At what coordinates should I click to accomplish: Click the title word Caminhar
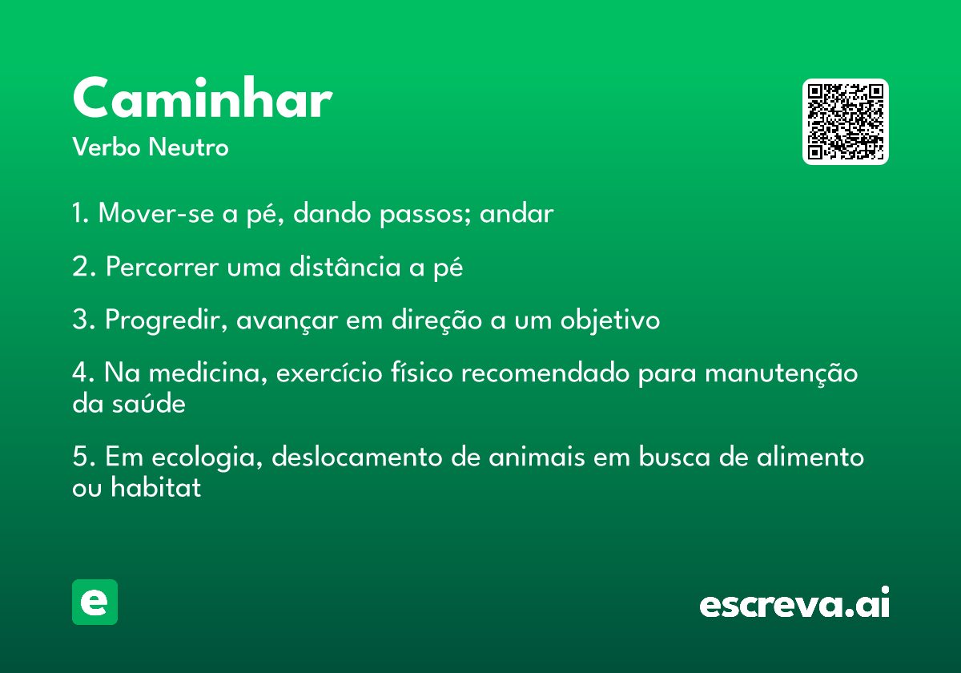coord(203,97)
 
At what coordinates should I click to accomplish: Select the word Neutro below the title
coord(188,147)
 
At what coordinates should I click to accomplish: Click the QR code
coord(845,122)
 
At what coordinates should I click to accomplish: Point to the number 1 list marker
coord(80,212)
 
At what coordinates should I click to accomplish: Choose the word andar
coord(517,213)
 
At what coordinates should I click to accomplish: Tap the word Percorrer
coord(162,267)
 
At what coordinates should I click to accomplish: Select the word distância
coord(345,266)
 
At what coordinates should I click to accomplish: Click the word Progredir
coord(167,320)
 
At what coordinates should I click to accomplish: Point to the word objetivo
coord(610,320)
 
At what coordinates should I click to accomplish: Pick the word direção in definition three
coord(436,320)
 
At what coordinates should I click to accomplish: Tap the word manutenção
coord(782,373)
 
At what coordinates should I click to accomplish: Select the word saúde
coord(149,403)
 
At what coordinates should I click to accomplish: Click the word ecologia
coord(207,457)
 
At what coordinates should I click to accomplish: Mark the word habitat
coord(155,487)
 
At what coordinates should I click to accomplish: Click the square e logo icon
coord(94,602)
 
